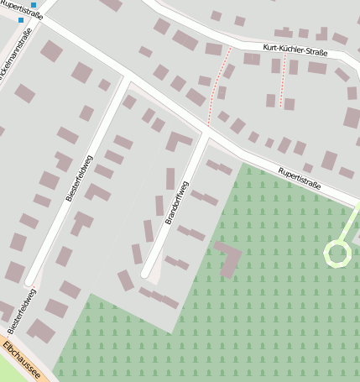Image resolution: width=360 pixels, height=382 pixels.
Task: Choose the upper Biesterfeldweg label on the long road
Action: pos(79,178)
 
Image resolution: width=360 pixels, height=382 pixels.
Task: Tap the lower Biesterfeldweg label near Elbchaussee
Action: pos(20,310)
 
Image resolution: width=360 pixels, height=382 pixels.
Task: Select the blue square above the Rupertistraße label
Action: pos(34,5)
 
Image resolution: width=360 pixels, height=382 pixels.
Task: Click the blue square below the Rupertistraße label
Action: pos(20,20)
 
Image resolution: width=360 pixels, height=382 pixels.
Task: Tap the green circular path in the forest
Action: pos(337,253)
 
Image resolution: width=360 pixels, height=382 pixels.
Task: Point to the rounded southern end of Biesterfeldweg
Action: pos(30,280)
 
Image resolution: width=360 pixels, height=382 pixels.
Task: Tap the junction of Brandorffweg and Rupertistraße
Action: pos(206,132)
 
